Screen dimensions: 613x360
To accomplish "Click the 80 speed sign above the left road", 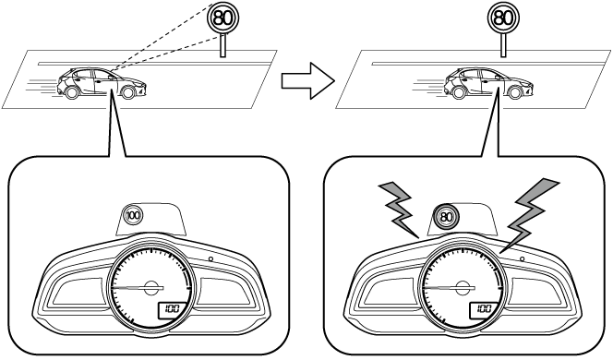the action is coord(222,18).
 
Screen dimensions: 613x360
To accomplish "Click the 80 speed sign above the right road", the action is coord(503,18).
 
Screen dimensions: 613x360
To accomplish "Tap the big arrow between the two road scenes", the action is coord(308,81).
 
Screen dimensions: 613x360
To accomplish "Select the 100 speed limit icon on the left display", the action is coord(134,215).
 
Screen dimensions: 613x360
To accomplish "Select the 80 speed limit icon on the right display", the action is coord(446,216).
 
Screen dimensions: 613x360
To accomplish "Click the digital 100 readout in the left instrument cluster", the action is coord(171,310).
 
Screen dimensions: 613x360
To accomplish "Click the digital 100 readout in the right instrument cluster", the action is coord(483,309).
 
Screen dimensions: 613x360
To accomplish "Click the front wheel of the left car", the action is coord(127,92).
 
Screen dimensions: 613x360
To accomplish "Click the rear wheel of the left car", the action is coord(71,92).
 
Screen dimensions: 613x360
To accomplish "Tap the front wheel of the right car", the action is coord(515,92).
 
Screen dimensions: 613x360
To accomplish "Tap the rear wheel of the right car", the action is coord(459,92).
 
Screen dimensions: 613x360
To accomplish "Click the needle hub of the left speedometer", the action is coord(150,288).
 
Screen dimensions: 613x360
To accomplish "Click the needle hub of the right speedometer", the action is coord(463,288).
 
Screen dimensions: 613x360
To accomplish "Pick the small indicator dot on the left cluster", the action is coord(210,258).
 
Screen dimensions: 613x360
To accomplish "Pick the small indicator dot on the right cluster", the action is coord(522,258).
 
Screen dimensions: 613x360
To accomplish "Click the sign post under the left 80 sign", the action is coord(222,45).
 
